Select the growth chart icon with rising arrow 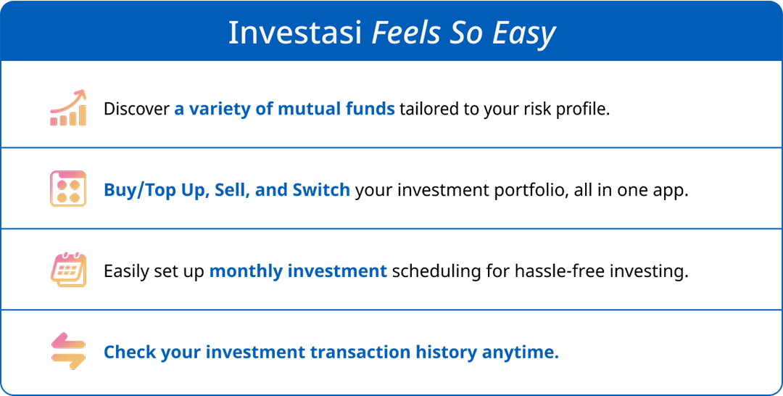click(68, 108)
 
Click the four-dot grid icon click(68, 189)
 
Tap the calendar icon click(68, 269)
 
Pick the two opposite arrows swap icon click(68, 351)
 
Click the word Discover click(136, 109)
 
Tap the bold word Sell click(231, 190)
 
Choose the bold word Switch click(321, 190)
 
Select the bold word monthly click(246, 271)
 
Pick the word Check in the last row click(129, 352)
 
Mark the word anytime click(520, 352)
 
